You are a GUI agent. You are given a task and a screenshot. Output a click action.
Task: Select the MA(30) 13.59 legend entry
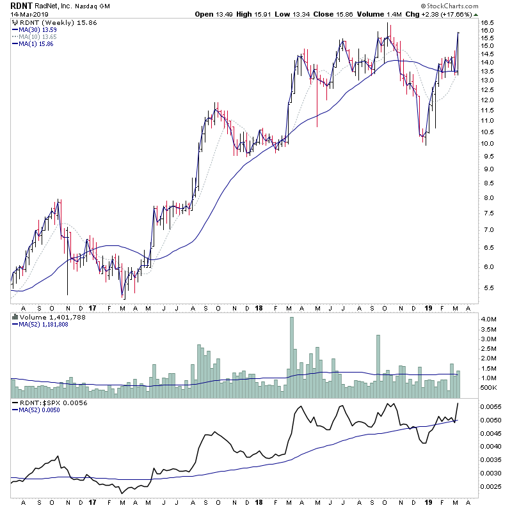point(39,29)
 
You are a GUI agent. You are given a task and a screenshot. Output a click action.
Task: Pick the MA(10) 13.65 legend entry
point(39,36)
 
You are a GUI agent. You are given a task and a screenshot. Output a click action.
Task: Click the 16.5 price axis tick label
point(488,30)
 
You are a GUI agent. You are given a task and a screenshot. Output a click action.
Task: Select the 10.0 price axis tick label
point(488,143)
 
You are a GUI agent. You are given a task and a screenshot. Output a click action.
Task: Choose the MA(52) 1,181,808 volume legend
point(44,324)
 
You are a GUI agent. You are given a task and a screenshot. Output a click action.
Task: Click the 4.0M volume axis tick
point(489,319)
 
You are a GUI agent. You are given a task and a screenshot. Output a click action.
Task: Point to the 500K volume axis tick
point(489,388)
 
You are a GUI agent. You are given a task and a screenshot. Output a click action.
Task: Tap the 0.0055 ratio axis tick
point(491,407)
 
